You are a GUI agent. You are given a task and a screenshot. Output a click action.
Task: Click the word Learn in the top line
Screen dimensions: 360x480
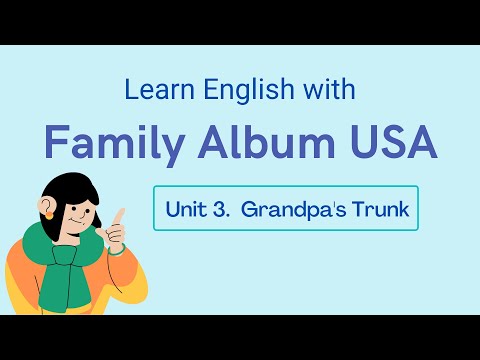pos(151,90)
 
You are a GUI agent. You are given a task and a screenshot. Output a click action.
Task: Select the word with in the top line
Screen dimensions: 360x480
pos(323,89)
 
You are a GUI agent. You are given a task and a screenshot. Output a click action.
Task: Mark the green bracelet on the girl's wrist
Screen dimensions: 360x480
pos(118,251)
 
